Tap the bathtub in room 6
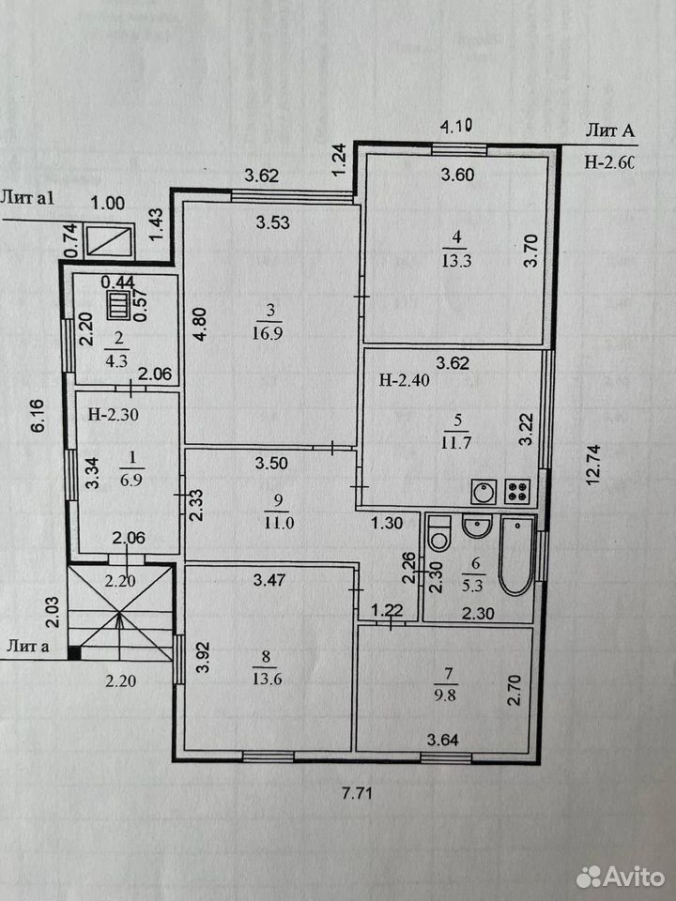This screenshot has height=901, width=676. pos(516,556)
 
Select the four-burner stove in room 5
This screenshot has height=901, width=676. pos(518,492)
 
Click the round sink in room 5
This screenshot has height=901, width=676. pos(484,492)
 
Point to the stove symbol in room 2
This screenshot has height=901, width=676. pos(119,306)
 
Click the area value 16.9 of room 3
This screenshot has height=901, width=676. pos(267,333)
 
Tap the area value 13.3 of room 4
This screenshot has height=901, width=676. pos(456,261)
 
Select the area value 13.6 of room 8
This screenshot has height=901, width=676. pos(267,679)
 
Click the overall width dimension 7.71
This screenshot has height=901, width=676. pos(357,794)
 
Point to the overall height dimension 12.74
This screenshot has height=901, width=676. pos(593,465)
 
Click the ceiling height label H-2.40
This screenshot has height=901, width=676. pos(404,380)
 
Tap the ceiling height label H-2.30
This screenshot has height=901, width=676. pos(114,414)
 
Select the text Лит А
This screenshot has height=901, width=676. pos(610,131)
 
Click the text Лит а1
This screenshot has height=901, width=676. pos(27,199)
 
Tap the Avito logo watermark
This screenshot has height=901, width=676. pos(621,877)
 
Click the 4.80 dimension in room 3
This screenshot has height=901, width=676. pos(199,324)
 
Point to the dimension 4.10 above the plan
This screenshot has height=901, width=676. pos(456,126)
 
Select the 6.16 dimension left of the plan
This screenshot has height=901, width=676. pos(38,416)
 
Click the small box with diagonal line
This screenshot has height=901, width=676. pos(109,241)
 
